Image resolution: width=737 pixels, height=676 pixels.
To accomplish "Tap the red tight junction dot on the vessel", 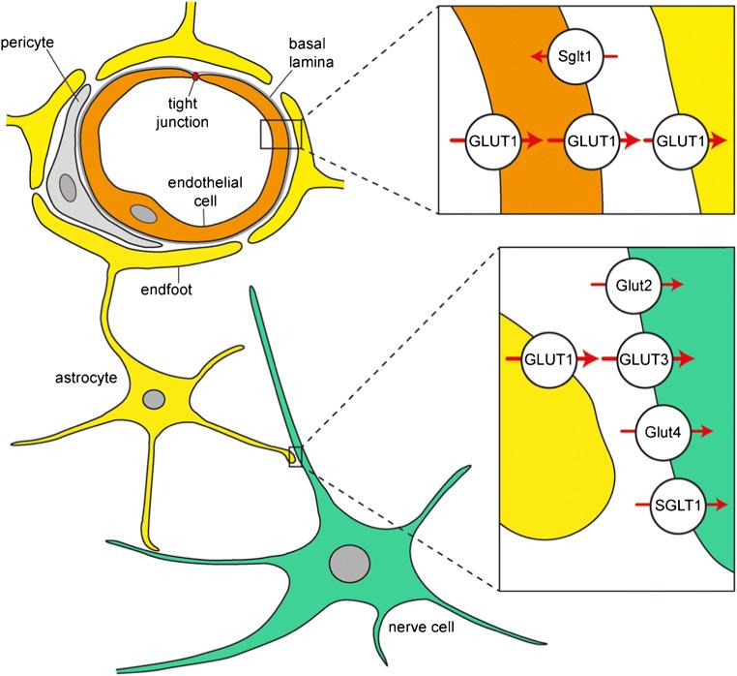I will [x=196, y=77].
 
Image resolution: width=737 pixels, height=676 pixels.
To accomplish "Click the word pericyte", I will [x=28, y=45].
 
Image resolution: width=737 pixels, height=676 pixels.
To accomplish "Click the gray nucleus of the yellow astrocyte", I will [x=154, y=399].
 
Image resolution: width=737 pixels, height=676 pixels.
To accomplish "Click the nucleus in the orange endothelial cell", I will [x=142, y=213].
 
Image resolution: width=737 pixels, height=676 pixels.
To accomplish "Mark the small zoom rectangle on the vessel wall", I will [x=281, y=135].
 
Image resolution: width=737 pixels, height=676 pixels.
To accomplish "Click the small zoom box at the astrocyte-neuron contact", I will [x=296, y=456].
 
